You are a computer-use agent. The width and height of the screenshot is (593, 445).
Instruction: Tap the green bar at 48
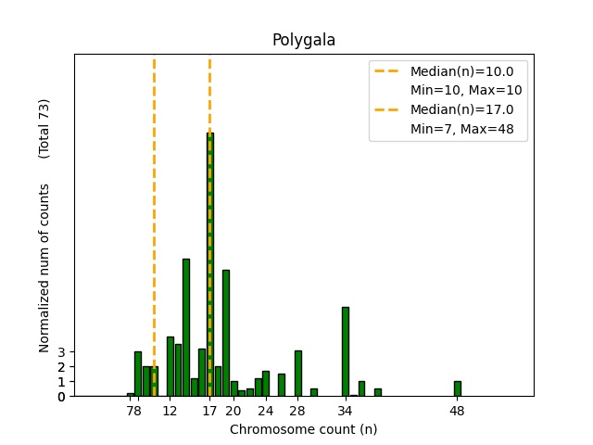(x=457, y=388)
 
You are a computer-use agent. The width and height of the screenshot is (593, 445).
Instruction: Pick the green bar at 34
(x=346, y=351)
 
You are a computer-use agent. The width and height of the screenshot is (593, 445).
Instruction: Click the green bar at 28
(x=297, y=373)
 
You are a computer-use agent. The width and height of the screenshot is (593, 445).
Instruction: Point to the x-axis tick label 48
(x=457, y=410)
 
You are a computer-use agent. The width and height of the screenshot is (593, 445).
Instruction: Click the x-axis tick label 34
(x=346, y=410)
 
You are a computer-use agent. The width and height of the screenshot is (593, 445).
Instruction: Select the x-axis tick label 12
(x=170, y=410)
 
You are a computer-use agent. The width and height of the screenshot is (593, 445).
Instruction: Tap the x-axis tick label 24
(x=266, y=410)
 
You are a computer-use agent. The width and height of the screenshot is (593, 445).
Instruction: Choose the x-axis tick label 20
(x=233, y=410)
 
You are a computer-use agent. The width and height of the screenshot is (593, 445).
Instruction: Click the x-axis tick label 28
(x=297, y=410)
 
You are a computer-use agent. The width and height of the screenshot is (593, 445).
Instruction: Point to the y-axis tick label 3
(x=62, y=352)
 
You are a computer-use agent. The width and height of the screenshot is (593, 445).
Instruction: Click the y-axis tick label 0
(x=62, y=397)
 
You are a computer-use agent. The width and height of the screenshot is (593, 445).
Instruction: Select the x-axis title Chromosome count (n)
(x=303, y=429)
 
